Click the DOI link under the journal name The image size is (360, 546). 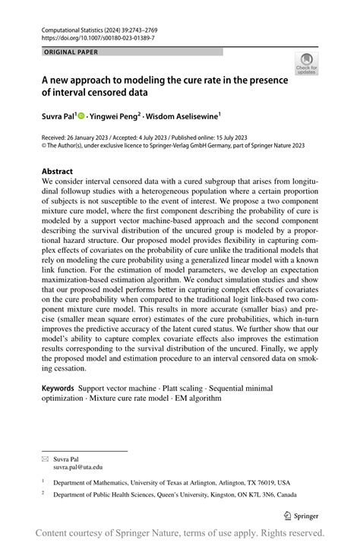click(90, 36)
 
